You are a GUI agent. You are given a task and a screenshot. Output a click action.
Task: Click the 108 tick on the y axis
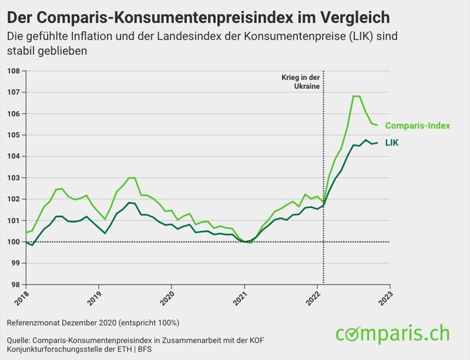pyautogui.click(x=12, y=71)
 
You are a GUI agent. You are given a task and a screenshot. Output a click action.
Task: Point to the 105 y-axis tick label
pyautogui.click(x=12, y=135)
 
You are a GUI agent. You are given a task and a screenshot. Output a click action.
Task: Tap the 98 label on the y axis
pyautogui.click(x=14, y=285)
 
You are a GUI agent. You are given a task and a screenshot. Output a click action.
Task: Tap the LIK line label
pyautogui.click(x=393, y=142)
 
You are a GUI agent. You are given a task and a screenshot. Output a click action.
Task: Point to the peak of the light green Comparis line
pyautogui.click(x=356, y=97)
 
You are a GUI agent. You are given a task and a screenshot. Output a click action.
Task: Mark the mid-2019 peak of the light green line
pyautogui.click(x=132, y=177)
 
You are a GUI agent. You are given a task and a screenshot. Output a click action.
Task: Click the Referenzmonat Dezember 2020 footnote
pyautogui.click(x=93, y=322)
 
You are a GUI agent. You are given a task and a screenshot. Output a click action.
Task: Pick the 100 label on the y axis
pyautogui.click(x=12, y=242)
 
